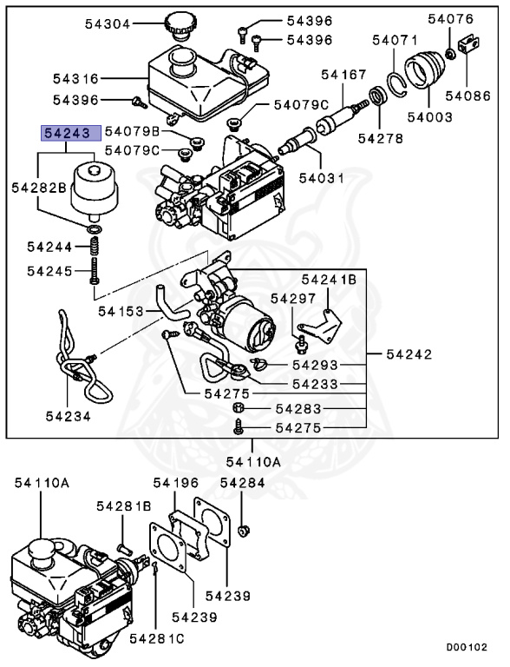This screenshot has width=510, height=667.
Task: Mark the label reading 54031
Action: pyautogui.click(x=322, y=178)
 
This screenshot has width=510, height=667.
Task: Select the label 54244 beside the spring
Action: pyautogui.click(x=50, y=248)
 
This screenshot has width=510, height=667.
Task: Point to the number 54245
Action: pyautogui.click(x=50, y=271)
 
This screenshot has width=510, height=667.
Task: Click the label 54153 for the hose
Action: pyautogui.click(x=120, y=310)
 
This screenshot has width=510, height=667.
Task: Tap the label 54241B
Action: pyautogui.click(x=329, y=280)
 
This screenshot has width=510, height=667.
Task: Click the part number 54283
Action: pyautogui.click(x=298, y=408)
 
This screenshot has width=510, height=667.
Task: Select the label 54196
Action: pyautogui.click(x=176, y=482)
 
